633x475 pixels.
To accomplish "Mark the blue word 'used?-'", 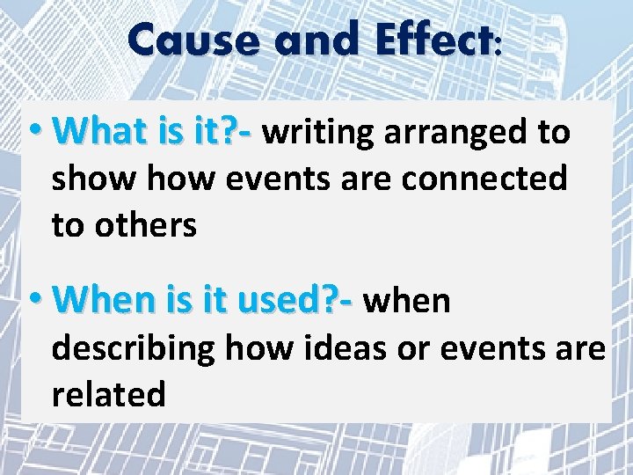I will coord(306,301).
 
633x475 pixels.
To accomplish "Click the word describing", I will coord(135,348).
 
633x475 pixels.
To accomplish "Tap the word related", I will coord(108,394).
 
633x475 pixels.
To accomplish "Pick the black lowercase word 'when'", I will coord(407,301).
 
